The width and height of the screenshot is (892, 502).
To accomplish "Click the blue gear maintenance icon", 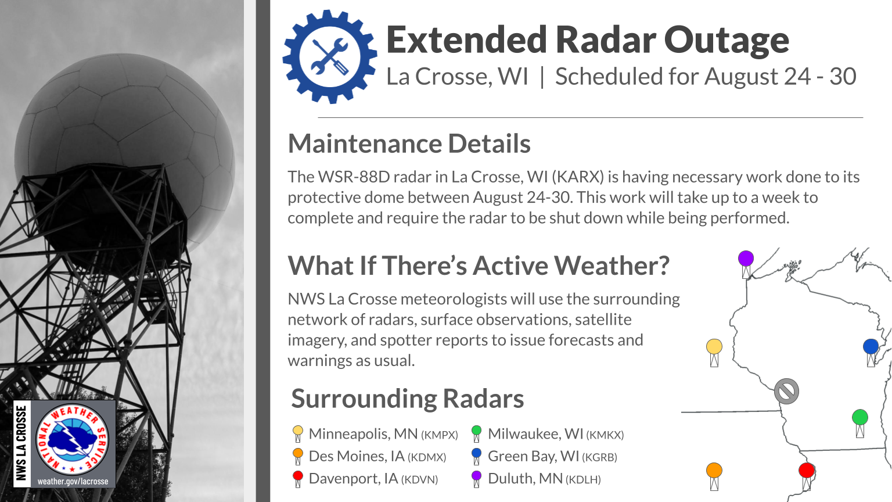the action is click(x=330, y=56).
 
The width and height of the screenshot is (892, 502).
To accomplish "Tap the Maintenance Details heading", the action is click(x=409, y=144).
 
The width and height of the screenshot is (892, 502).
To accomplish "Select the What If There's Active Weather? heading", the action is click(x=479, y=266).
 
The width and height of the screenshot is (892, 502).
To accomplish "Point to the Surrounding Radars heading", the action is click(x=407, y=399).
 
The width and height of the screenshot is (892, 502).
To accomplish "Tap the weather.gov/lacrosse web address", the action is click(x=73, y=481).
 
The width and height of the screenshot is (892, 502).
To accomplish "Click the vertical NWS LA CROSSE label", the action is click(x=21, y=443).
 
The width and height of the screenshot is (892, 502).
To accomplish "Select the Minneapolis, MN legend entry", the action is click(x=375, y=434).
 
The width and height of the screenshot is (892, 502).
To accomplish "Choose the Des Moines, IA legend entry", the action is click(x=369, y=456).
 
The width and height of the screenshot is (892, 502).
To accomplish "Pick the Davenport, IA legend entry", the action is click(x=365, y=479).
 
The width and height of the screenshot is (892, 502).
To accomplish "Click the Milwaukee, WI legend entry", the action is click(x=548, y=434).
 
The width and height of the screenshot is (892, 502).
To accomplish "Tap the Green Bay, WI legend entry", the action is click(x=544, y=456).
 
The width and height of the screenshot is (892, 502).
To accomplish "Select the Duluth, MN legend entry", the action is click(x=536, y=479).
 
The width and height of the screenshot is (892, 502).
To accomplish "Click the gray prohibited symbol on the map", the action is click(x=786, y=391).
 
